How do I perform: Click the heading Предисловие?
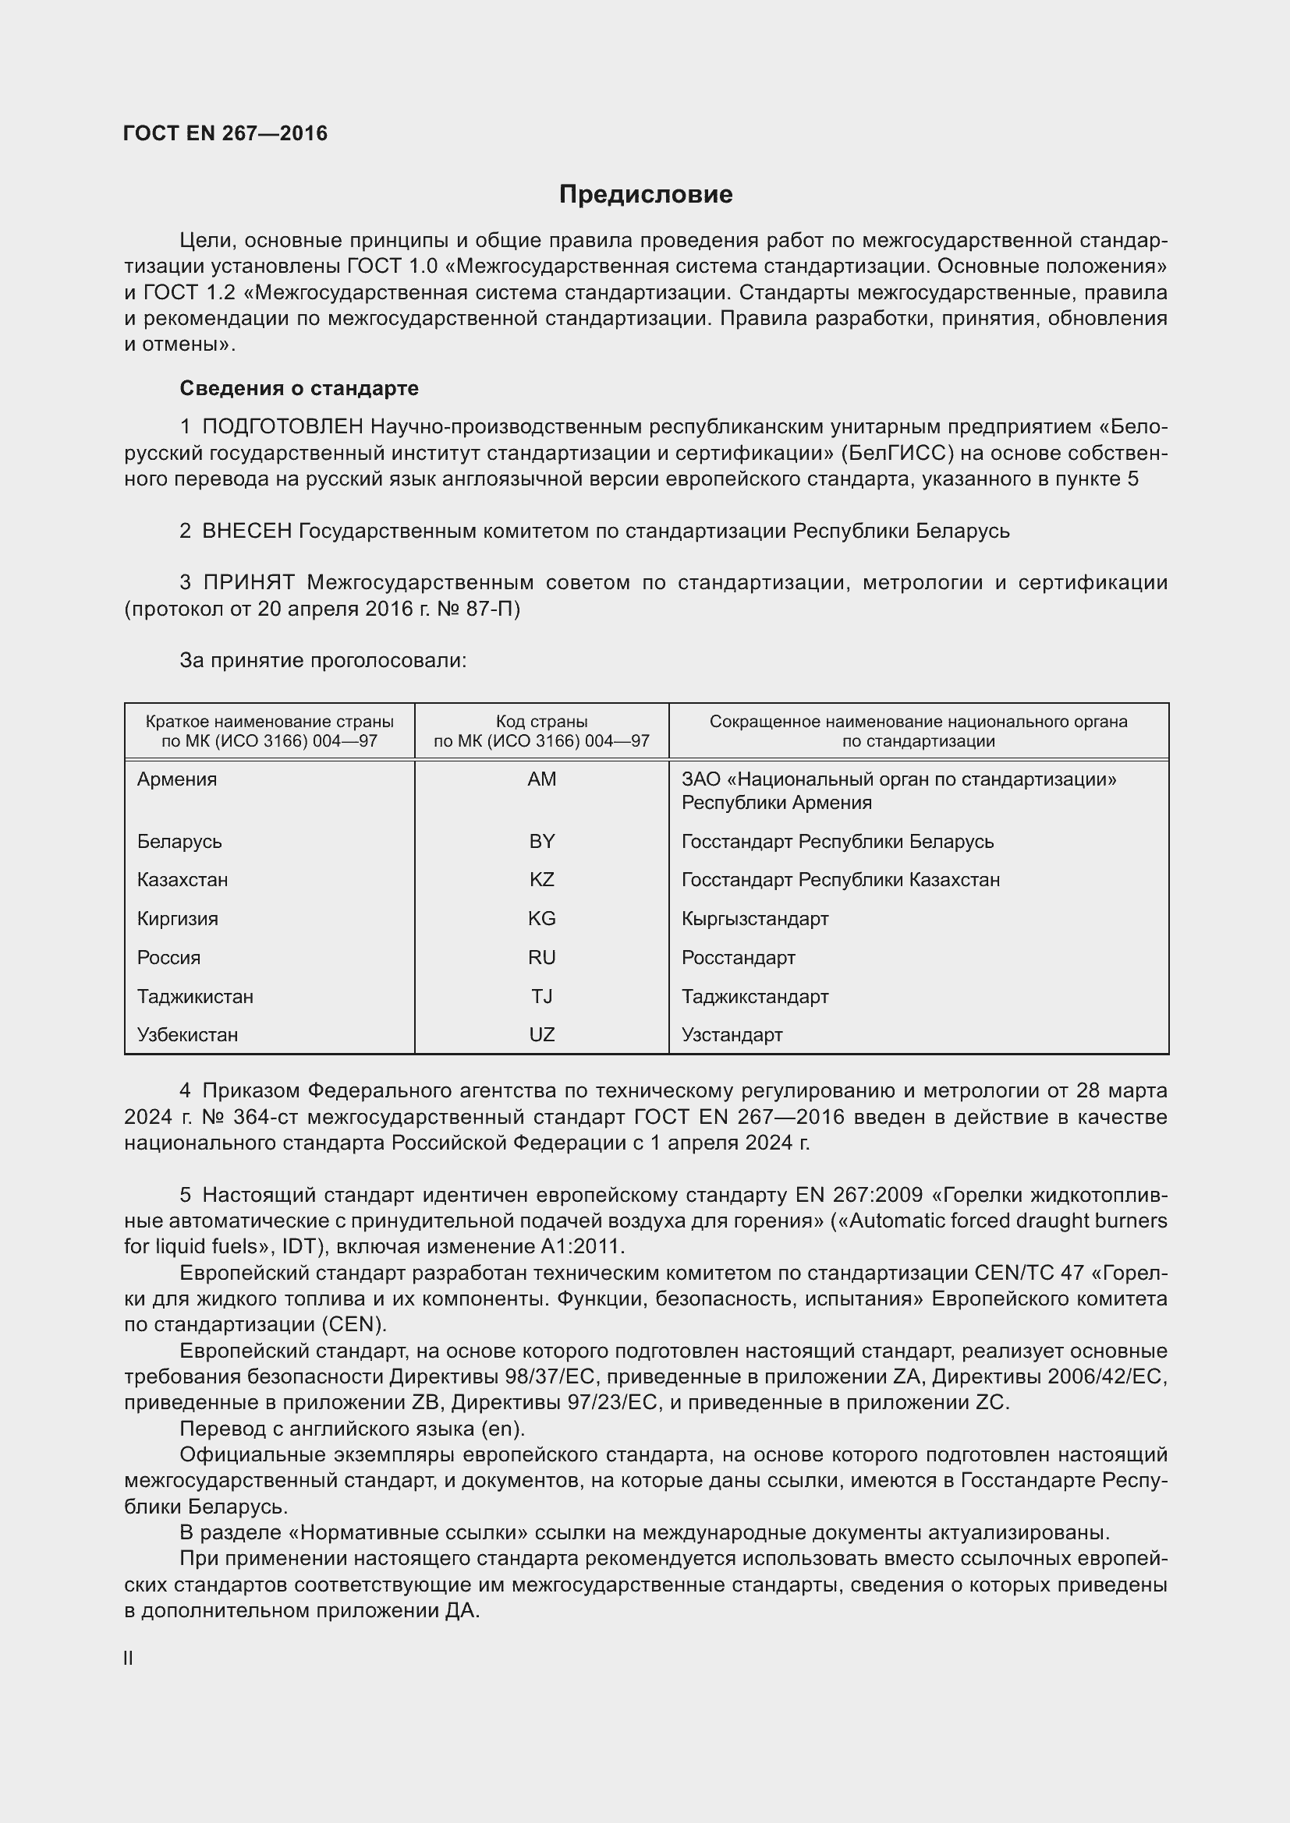645,195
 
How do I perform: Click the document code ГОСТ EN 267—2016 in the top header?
225,133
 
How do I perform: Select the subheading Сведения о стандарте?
299,388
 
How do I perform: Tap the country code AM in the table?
542,779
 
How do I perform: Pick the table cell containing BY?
542,841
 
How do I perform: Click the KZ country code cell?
542,880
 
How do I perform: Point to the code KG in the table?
542,919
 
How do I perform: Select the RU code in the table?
542,958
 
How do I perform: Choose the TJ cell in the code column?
542,997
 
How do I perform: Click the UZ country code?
542,1034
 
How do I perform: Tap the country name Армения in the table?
176,779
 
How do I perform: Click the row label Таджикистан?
195,997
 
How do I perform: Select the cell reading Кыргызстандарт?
755,919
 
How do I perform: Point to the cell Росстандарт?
738,958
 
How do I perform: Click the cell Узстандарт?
732,1034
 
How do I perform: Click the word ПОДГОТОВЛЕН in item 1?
283,427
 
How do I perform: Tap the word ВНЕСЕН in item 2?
247,532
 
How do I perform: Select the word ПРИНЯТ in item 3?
249,583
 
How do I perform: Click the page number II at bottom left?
129,1658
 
